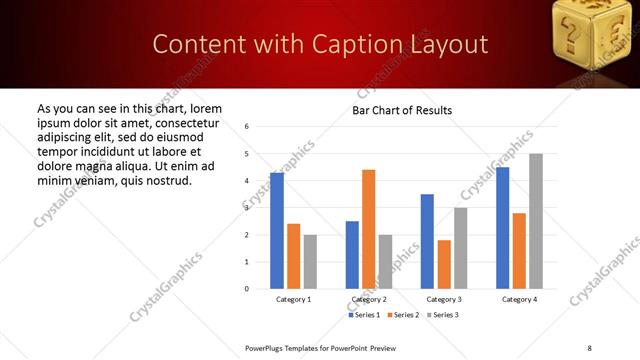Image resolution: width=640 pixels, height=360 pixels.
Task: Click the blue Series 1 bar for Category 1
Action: tap(277, 231)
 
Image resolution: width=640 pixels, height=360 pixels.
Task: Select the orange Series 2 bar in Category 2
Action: tap(368, 229)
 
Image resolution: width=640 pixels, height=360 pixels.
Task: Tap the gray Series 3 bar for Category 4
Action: tap(536, 221)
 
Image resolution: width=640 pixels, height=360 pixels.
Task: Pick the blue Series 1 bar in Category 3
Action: tap(427, 241)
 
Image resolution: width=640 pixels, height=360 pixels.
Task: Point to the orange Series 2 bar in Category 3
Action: tap(444, 264)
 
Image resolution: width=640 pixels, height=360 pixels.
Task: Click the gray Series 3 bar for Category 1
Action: tap(310, 262)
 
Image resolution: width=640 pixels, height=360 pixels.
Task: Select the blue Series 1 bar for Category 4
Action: tap(502, 228)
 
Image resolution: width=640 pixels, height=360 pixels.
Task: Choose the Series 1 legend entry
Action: tap(364, 315)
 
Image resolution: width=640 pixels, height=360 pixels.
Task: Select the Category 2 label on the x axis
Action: tap(368, 300)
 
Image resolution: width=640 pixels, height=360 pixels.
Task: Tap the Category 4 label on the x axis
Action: tap(519, 300)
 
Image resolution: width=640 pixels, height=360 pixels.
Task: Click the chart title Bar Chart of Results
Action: tap(402, 110)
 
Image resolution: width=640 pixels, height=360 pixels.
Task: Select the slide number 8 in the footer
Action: tap(589, 347)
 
